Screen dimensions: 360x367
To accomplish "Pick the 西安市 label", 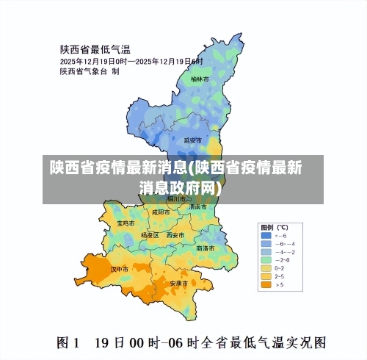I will tap(175, 235).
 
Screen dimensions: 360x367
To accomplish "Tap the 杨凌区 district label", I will tap(150, 235).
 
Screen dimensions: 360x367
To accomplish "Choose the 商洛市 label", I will tap(206, 248).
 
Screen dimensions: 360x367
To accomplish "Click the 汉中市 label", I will tap(120, 270).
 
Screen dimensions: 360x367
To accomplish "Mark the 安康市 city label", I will tap(180, 283).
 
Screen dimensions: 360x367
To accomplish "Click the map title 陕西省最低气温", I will tap(95, 49).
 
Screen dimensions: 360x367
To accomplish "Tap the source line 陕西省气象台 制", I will tap(90, 72).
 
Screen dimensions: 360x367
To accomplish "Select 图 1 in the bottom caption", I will tap(68, 342).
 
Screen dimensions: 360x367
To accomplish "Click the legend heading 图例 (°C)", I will tap(273, 226).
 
